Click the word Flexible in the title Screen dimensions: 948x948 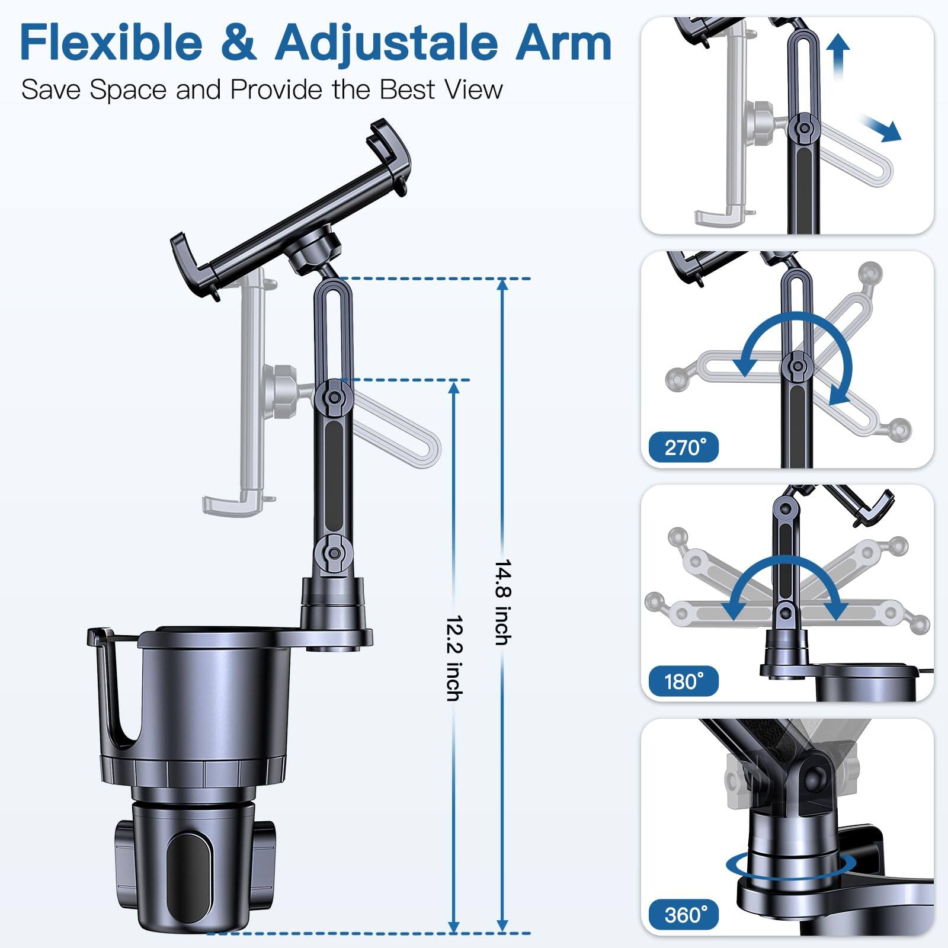[111, 43]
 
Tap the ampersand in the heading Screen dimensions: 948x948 [239, 43]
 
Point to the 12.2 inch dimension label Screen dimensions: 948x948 [454, 658]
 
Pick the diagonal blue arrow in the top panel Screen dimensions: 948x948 [882, 129]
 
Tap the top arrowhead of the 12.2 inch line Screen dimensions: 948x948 [454, 388]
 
